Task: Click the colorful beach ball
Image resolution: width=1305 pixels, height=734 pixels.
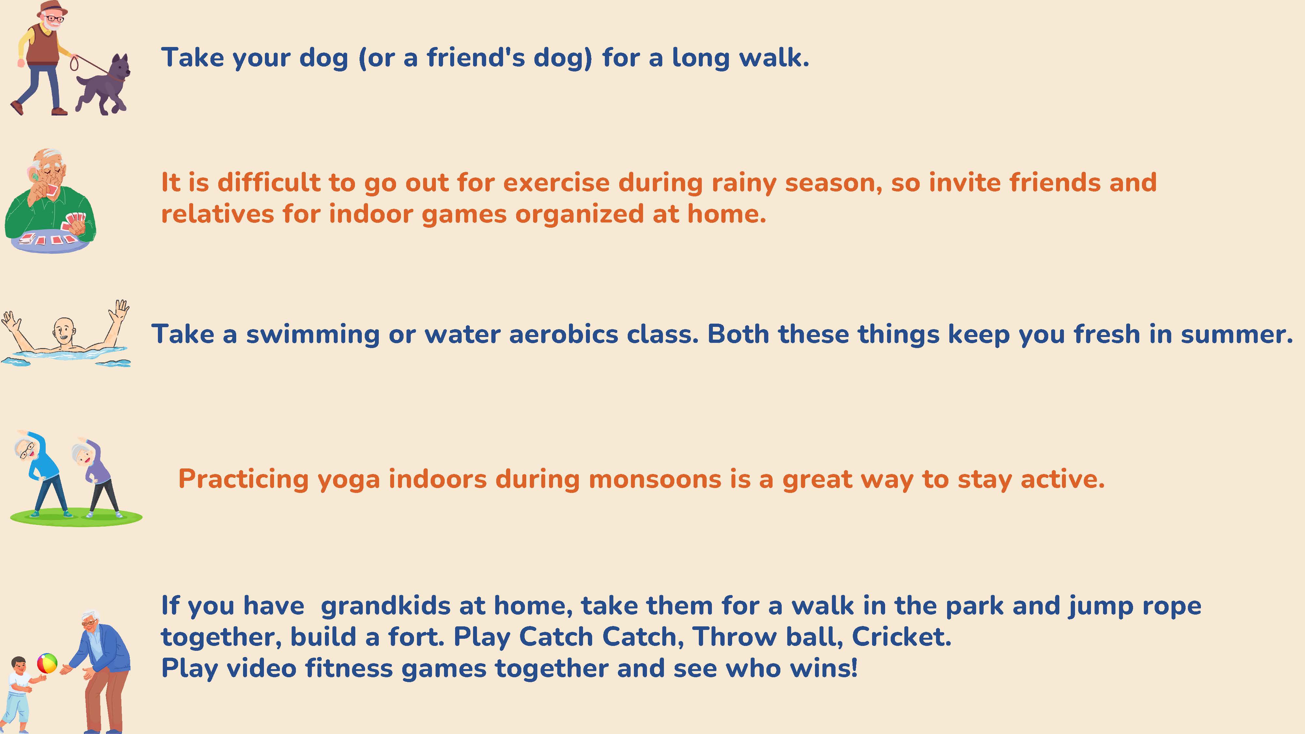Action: (x=47, y=663)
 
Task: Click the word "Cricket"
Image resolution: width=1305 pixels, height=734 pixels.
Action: (x=901, y=637)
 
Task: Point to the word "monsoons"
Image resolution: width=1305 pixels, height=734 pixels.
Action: (x=654, y=479)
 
